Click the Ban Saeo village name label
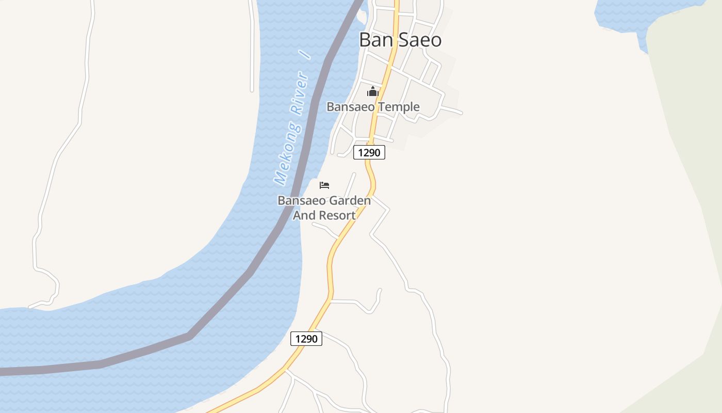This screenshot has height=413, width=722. (x=400, y=40)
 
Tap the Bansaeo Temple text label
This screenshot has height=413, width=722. (x=373, y=107)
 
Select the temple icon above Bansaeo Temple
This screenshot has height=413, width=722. (x=372, y=92)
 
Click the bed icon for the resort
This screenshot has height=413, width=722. (x=324, y=185)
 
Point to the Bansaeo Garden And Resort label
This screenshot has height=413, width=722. (x=324, y=208)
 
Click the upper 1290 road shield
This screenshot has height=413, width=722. (x=369, y=153)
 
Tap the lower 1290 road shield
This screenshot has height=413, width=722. (x=306, y=339)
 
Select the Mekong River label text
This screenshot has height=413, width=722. (x=292, y=129)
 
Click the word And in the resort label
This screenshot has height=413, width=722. (x=304, y=215)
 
